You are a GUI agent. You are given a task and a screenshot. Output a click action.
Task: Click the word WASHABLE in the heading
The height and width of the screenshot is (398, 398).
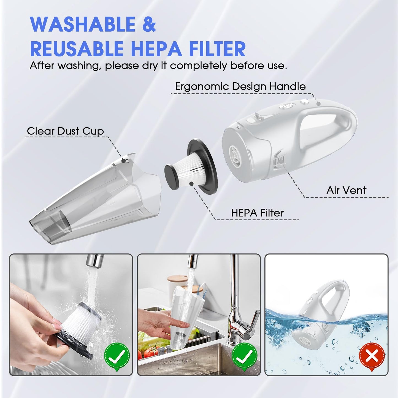point(83,24)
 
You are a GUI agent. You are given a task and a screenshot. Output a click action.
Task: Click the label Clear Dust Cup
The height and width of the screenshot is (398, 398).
point(66,131)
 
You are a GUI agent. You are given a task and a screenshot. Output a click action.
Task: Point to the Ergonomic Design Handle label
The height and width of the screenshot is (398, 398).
point(240,86)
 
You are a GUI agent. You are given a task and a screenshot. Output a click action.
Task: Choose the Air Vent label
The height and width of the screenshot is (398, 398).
point(346,190)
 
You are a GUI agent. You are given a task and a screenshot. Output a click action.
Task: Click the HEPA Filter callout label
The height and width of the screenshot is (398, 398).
point(257,213)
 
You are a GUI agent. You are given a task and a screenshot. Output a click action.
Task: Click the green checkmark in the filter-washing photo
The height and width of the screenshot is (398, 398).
point(117,356)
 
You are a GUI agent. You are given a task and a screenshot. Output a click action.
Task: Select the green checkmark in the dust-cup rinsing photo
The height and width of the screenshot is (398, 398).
point(245,356)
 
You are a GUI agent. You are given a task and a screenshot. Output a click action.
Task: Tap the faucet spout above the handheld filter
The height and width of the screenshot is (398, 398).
point(94,261)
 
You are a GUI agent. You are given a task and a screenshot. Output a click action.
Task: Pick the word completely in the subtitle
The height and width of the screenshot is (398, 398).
point(199,66)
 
